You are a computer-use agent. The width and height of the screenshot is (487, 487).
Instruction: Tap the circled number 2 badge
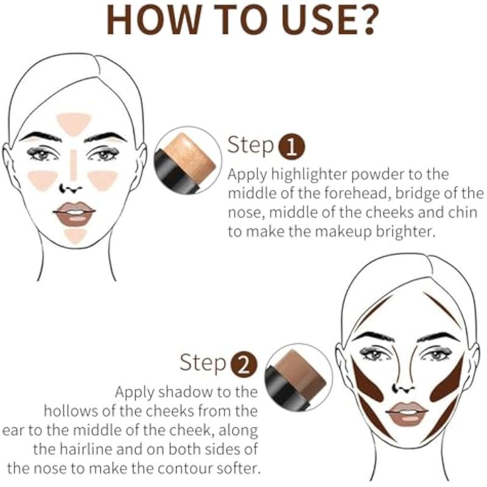244,364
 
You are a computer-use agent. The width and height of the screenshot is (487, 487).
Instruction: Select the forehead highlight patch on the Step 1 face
74,124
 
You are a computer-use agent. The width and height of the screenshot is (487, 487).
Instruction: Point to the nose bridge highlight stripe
73,165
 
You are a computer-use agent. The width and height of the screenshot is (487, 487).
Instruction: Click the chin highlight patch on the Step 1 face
75,236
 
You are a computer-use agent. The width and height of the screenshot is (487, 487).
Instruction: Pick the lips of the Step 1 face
74,214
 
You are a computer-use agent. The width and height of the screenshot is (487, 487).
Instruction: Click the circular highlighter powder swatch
187,159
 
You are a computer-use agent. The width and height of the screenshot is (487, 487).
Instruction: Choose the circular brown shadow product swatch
298,377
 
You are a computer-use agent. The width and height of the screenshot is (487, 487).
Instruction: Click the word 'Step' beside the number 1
251,145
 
